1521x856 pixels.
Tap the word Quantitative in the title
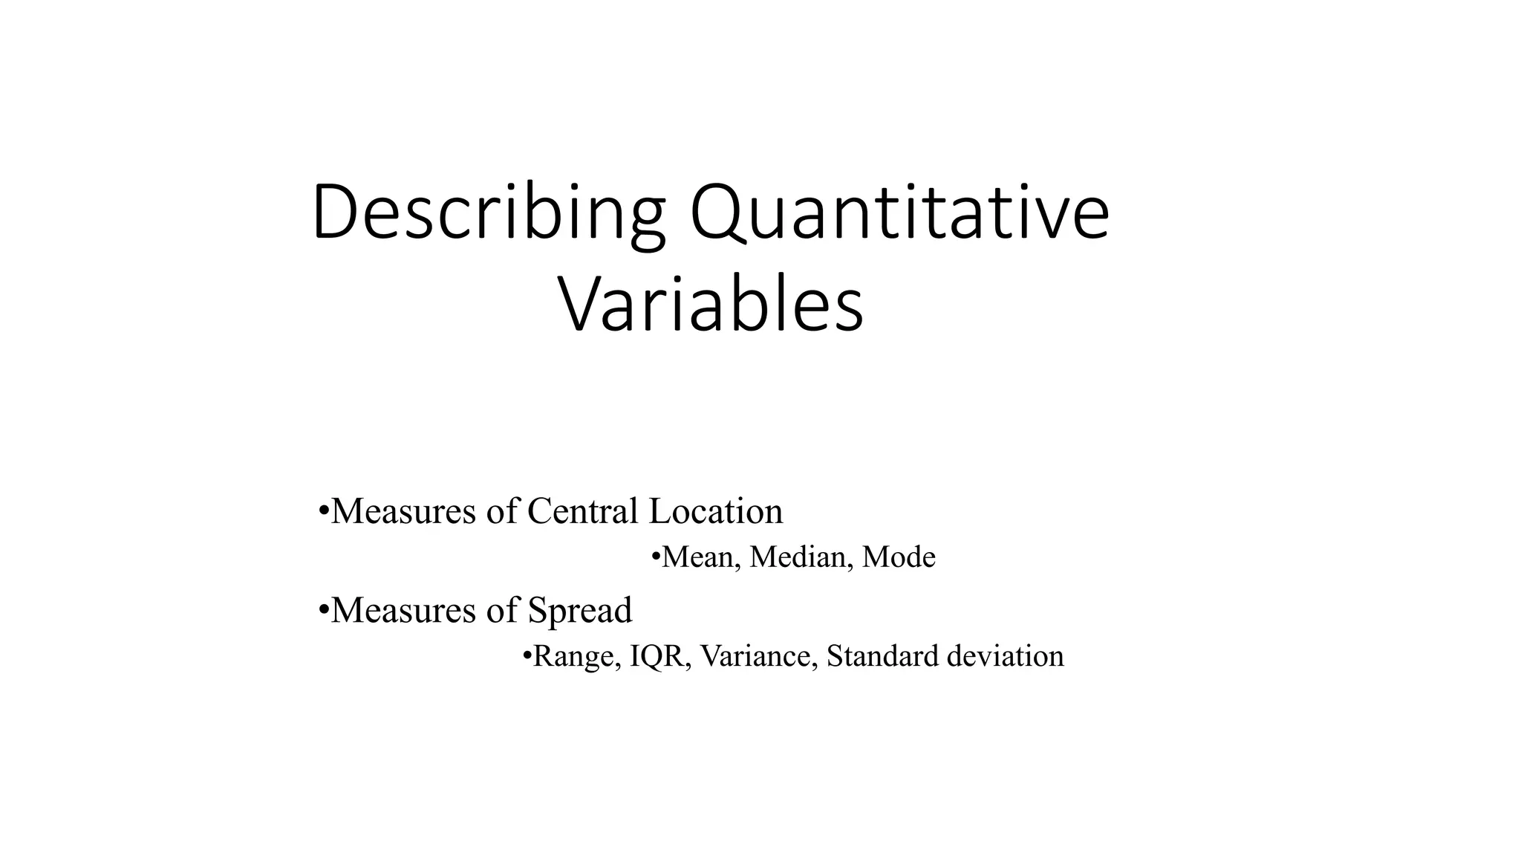pyautogui.click(x=899, y=213)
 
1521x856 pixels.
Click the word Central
pyautogui.click(x=582, y=511)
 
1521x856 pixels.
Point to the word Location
pyautogui.click(x=715, y=511)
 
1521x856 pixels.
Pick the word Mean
pyautogui.click(x=700, y=557)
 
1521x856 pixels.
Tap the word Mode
pyautogui.click(x=899, y=557)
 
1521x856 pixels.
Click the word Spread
pyautogui.click(x=579, y=611)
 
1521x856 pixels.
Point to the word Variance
pyautogui.click(x=758, y=656)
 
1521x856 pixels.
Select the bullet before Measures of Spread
pyautogui.click(x=323, y=610)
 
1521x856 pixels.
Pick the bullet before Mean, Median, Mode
pyautogui.click(x=655, y=557)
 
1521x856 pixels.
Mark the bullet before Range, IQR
pyautogui.click(x=527, y=655)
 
